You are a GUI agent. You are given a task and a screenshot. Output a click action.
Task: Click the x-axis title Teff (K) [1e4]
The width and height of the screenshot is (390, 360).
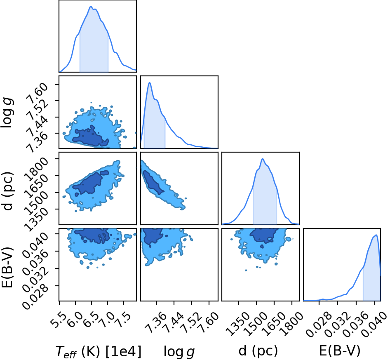pyautogui.click(x=98, y=351)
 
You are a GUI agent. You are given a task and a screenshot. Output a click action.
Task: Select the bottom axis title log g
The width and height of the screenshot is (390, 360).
pyautogui.click(x=179, y=352)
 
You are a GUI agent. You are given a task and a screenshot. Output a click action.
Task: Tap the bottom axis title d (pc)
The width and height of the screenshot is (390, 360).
pyautogui.click(x=258, y=351)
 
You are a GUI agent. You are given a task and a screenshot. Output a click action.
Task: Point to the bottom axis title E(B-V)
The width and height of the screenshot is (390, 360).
pyautogui.click(x=340, y=351)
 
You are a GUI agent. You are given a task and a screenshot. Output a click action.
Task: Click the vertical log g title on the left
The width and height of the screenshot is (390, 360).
pyautogui.click(x=7, y=113)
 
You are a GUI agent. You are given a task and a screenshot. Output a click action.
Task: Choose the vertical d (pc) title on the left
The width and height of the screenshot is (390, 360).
pyautogui.click(x=7, y=191)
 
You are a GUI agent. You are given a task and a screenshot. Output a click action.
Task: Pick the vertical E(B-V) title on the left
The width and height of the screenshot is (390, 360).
pyautogui.click(x=7, y=267)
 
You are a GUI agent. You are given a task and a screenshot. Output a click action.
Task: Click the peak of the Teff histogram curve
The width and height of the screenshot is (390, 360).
pyautogui.click(x=91, y=6)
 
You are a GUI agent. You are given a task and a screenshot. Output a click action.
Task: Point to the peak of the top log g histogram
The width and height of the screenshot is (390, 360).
pyautogui.click(x=150, y=82)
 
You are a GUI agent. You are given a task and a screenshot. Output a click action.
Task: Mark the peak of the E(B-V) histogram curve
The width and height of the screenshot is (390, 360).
pyautogui.click(x=376, y=235)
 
